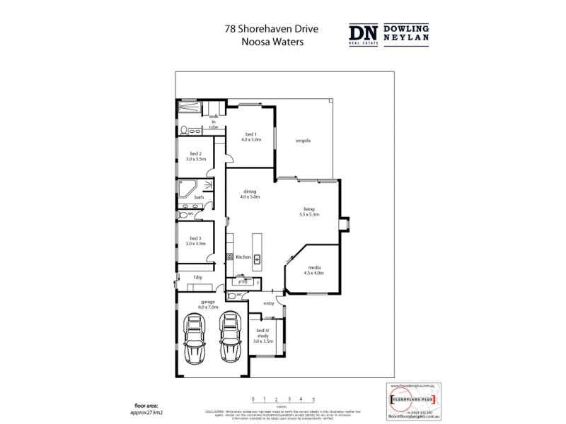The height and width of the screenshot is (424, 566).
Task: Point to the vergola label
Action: pyautogui.click(x=304, y=140)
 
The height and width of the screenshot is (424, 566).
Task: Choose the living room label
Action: pyautogui.click(x=308, y=211)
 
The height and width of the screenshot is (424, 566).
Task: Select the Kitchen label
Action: pyautogui.click(x=243, y=258)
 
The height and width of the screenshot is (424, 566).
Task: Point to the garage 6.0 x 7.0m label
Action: pyautogui.click(x=207, y=305)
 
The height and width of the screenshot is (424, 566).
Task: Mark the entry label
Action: pyautogui.click(x=268, y=303)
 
